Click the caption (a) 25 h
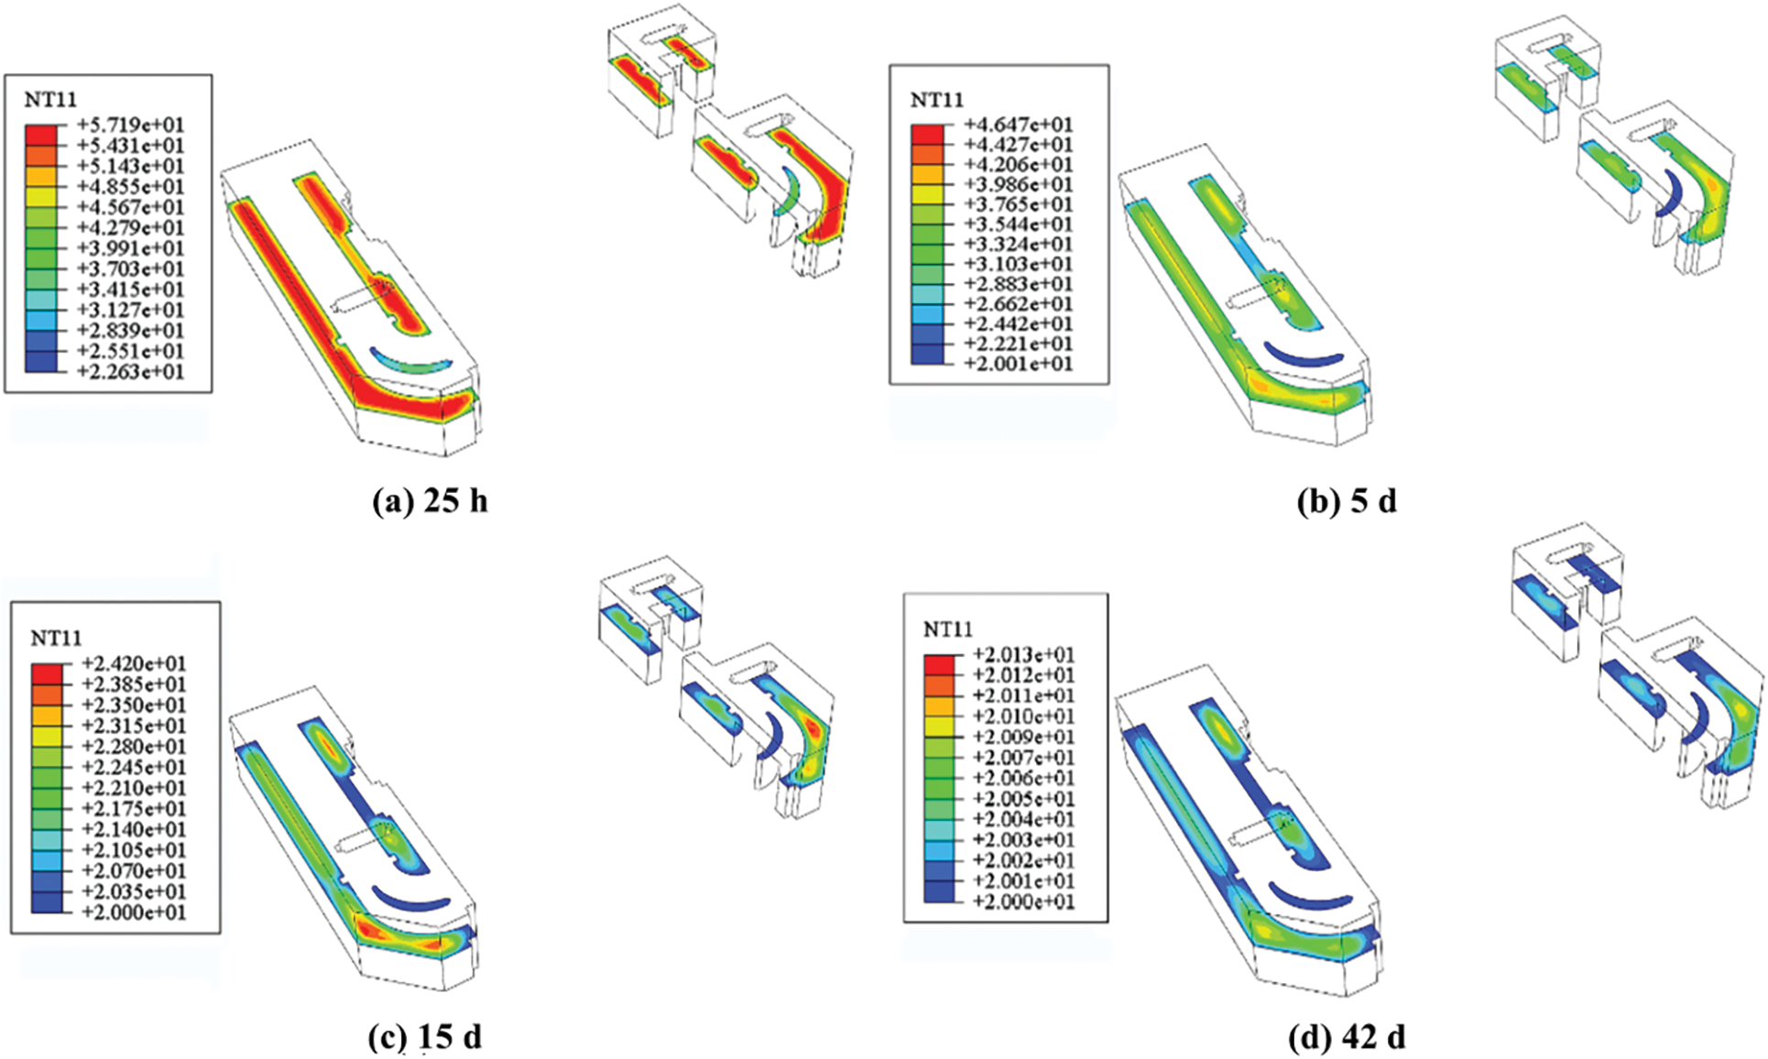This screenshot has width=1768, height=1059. pos(430,501)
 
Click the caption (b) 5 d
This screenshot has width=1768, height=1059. pos(1347,501)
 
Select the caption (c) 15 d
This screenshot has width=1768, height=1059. pos(424,1036)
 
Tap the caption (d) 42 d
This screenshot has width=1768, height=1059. pos(1347,1037)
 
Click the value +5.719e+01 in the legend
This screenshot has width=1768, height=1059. pos(130,125)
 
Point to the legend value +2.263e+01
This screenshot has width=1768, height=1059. pos(130,372)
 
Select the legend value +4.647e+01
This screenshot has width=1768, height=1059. pos(1018,125)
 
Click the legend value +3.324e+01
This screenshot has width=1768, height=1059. pos(1018,245)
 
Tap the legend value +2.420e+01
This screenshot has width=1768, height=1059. pos(134,663)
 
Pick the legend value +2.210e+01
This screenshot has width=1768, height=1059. pos(134,788)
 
